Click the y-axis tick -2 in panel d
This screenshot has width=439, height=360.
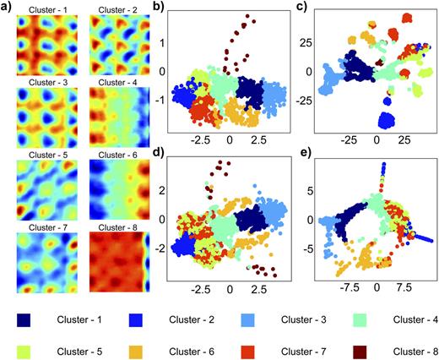pos(163,250)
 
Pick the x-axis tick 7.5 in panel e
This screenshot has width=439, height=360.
pos(404,288)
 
